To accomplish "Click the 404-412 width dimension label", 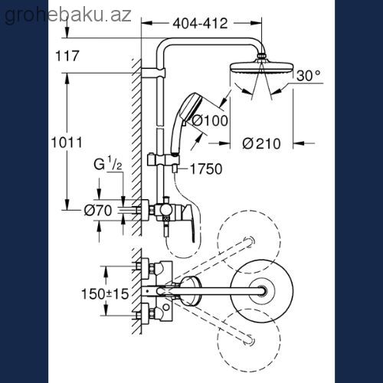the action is tap(200, 24).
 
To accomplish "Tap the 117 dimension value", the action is tap(67, 56).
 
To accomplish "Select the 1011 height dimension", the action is tap(67, 142).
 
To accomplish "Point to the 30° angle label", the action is tap(309, 76).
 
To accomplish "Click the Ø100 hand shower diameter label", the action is tap(210, 120).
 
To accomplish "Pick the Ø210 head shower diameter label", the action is tap(261, 143).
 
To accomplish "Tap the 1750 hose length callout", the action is tap(206, 169).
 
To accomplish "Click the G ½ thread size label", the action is tap(108, 164).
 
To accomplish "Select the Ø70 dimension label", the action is tap(98, 211).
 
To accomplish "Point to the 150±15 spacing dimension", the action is tap(105, 293).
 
